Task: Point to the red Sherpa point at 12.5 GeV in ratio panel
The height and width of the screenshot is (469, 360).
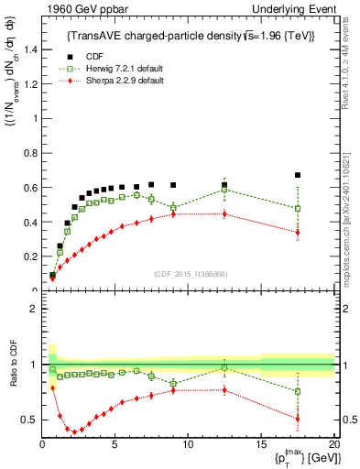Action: coord(224,389)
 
